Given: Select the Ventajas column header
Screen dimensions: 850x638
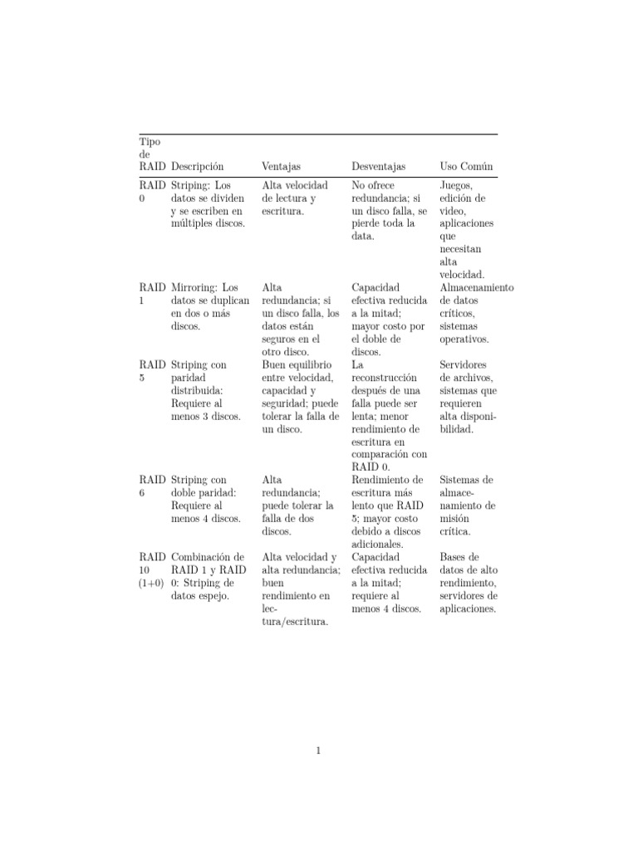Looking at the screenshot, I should pyautogui.click(x=281, y=167).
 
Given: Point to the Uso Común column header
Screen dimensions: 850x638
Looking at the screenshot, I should pyautogui.click(x=466, y=167).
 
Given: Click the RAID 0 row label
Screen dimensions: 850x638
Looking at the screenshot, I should pyautogui.click(x=152, y=193).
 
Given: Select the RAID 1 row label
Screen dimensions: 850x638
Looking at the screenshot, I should pyautogui.click(x=152, y=295).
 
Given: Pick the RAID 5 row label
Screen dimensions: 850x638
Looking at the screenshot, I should pyautogui.click(x=152, y=371).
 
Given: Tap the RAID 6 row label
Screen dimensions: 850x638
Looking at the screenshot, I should pyautogui.click(x=152, y=486).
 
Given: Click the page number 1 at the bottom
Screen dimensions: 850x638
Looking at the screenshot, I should pyautogui.click(x=318, y=751).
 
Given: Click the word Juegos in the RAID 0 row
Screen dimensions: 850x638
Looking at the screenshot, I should pyautogui.click(x=456, y=187).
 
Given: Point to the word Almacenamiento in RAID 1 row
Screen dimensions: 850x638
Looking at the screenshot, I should pyautogui.click(x=477, y=288).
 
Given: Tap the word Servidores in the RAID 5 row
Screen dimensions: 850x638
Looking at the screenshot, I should pyautogui.click(x=464, y=364).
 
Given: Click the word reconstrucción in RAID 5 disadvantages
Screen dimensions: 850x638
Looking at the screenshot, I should pyautogui.click(x=387, y=378).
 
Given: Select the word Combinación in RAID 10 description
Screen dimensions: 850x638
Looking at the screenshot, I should pyautogui.click(x=203, y=557).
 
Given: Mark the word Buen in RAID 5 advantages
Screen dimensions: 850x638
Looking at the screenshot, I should pyautogui.click(x=274, y=364).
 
